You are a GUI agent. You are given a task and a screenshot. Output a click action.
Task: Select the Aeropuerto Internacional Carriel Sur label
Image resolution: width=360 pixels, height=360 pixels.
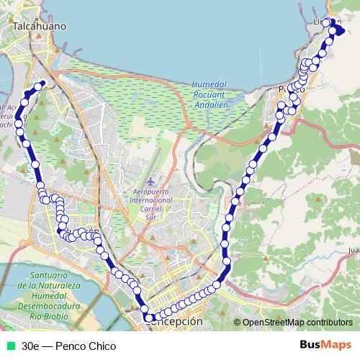150,199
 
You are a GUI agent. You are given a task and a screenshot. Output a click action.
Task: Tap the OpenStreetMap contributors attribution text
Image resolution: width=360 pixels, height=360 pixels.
297,323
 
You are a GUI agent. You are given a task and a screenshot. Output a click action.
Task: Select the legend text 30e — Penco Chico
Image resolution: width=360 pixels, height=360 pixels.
68,346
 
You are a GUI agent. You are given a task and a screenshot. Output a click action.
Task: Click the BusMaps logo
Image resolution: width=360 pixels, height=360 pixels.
325,346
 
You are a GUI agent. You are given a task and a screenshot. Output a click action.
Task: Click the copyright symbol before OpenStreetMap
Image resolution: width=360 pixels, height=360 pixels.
238,323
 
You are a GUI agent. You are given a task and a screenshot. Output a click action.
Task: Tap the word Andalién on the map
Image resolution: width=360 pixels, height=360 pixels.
211,103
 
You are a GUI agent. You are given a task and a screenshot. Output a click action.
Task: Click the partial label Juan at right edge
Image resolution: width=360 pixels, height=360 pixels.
353,250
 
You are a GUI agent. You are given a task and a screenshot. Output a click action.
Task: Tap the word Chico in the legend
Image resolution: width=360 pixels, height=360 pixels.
102,346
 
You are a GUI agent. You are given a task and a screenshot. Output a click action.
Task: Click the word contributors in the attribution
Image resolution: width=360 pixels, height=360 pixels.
328,323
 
